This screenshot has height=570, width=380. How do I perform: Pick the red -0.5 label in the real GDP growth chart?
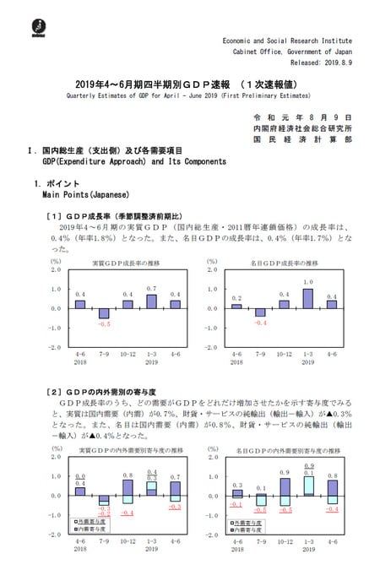(x=104, y=324)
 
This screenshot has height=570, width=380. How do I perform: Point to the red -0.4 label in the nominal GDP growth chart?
(x=261, y=323)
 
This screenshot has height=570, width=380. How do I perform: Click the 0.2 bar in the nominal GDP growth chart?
(x=236, y=306)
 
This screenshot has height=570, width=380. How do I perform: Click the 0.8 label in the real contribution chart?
(x=128, y=476)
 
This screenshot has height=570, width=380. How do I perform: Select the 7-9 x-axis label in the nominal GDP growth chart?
(x=261, y=355)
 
